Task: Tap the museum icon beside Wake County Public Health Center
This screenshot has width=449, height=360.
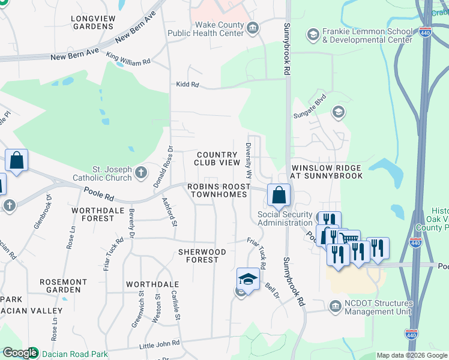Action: (x=253, y=27)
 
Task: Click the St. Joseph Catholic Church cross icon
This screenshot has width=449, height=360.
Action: (x=141, y=173)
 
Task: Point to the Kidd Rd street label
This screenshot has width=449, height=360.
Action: (x=187, y=85)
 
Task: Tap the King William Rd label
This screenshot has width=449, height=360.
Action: (x=128, y=58)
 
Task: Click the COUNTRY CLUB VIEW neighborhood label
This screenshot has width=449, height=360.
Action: (x=217, y=158)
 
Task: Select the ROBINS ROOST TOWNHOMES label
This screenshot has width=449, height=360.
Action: (x=217, y=191)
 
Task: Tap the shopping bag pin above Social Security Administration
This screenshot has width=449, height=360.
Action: (x=279, y=195)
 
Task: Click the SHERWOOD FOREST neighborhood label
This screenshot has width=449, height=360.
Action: (x=202, y=256)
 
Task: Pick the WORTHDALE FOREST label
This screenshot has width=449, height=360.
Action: (x=92, y=214)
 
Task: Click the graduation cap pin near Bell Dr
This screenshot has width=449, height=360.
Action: (x=248, y=279)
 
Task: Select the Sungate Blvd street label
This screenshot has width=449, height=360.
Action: (x=309, y=109)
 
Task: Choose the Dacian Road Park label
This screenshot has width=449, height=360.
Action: (x=75, y=354)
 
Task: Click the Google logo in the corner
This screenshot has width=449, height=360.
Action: (x=19, y=353)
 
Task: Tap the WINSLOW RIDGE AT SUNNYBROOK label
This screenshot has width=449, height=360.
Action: (x=327, y=172)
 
